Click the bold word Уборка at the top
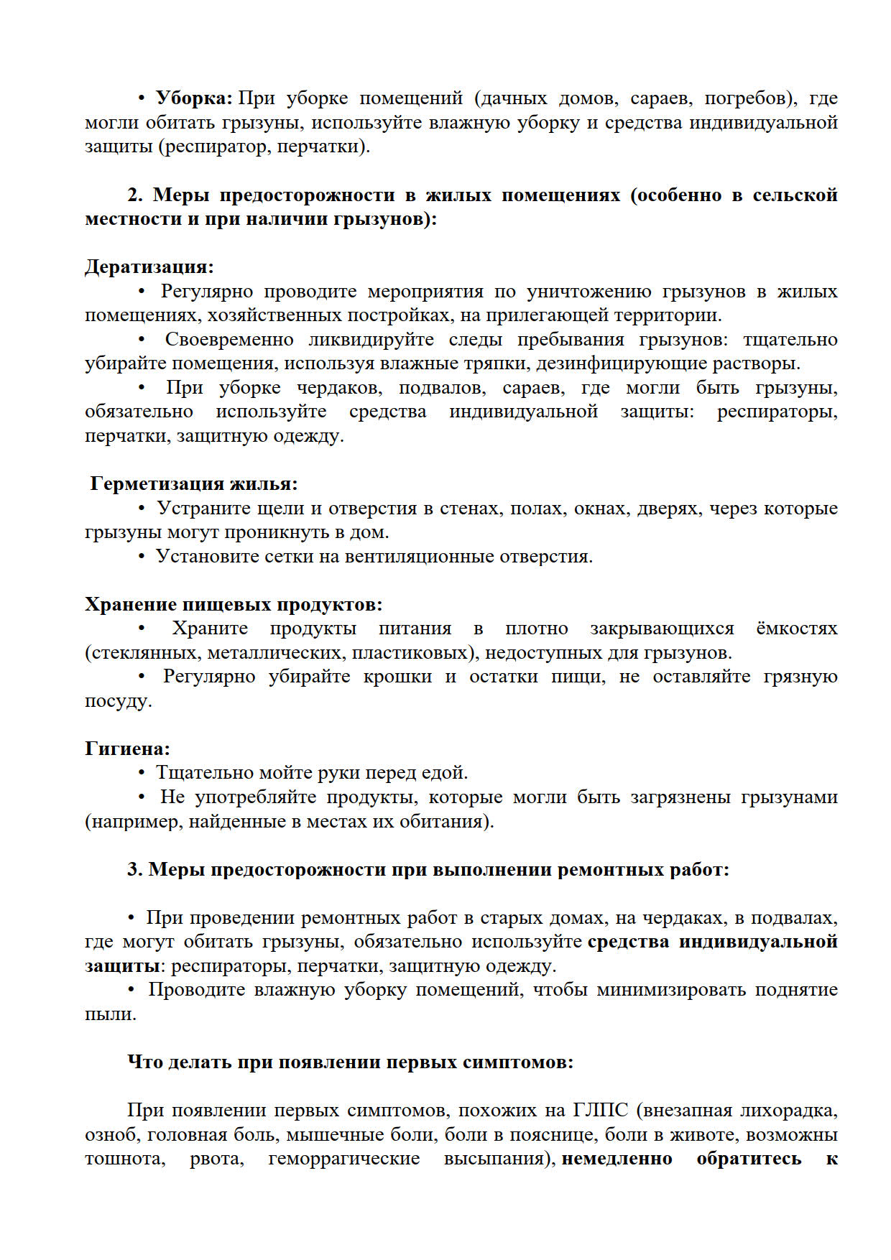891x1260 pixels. click(192, 98)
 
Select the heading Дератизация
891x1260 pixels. click(149, 267)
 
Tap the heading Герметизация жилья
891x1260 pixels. click(193, 484)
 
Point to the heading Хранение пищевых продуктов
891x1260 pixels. click(234, 604)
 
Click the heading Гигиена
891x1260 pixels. click(127, 749)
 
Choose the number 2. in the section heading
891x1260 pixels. click(137, 195)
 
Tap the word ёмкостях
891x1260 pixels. click(797, 629)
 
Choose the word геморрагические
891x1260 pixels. click(343, 1159)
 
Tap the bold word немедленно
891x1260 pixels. click(617, 1159)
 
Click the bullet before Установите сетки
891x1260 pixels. click(142, 557)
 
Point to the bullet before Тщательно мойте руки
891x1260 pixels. click(142, 773)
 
